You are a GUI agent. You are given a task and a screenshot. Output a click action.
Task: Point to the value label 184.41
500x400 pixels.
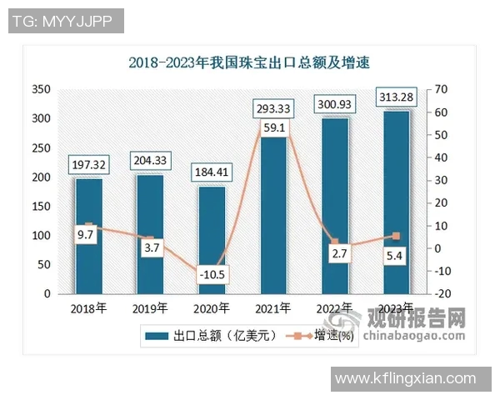[212, 172]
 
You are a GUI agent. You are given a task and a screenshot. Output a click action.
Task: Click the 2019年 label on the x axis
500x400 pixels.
[151, 308]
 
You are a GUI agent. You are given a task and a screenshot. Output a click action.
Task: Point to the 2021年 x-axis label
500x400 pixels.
[273, 308]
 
